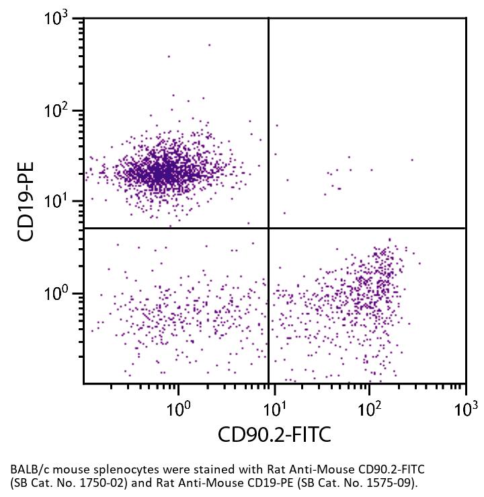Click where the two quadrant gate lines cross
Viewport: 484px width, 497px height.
click(269, 228)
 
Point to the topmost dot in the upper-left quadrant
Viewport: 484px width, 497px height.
click(209, 45)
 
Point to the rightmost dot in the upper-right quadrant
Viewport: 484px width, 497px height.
click(411, 160)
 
